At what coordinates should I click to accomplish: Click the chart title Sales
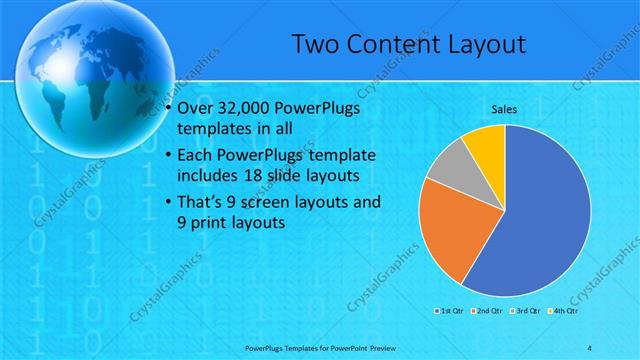[x=504, y=108]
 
